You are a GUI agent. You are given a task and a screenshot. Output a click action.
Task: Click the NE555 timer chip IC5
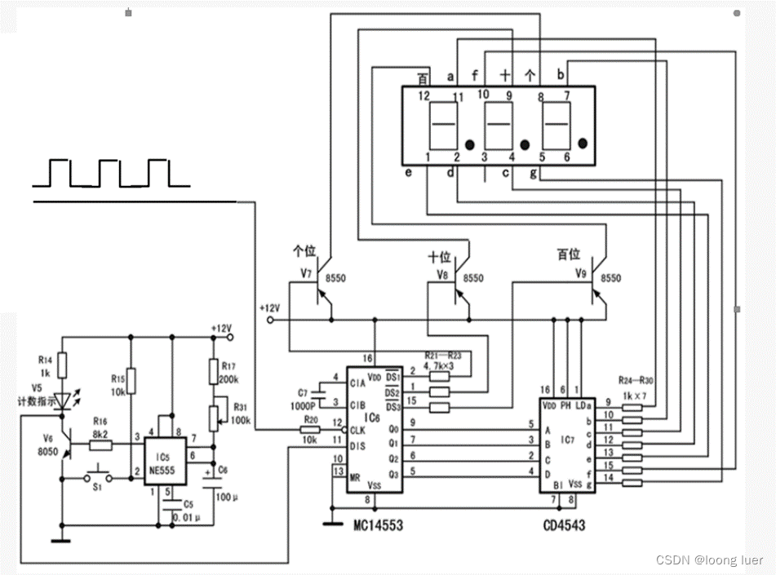(167, 461)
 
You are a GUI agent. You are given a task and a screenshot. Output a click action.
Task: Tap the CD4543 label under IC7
(563, 525)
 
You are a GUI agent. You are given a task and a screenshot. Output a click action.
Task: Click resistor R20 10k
(311, 429)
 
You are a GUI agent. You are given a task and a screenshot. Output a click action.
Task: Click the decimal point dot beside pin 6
(583, 143)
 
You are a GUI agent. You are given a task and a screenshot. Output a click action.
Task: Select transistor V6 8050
(62, 446)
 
